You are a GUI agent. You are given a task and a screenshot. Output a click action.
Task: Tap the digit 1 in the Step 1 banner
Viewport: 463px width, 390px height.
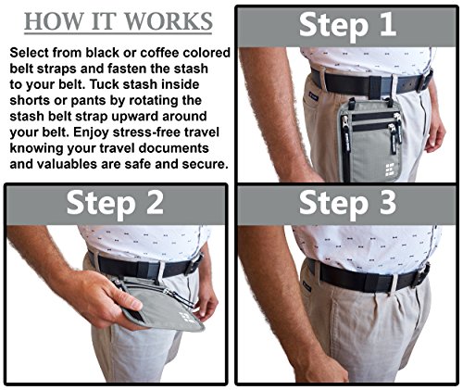(x=387, y=25)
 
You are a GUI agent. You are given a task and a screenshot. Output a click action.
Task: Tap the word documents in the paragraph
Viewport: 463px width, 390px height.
(x=174, y=148)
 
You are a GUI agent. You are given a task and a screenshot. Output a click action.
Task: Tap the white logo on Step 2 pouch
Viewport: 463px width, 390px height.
(x=185, y=317)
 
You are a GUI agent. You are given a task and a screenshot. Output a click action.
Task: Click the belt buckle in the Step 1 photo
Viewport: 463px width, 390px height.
(x=426, y=81)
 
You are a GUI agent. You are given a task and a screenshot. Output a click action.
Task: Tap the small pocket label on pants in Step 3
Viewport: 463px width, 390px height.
(x=307, y=288)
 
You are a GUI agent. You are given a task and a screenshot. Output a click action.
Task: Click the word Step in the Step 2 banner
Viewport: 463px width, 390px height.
(x=101, y=205)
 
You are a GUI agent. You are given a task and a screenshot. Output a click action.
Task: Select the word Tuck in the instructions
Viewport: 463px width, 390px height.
(x=105, y=84)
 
